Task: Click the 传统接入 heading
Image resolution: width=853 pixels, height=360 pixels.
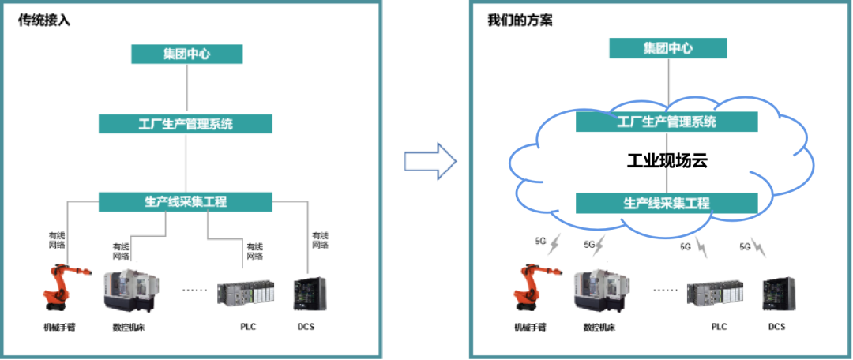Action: click(x=44, y=21)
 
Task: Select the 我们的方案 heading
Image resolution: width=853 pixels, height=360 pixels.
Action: click(x=520, y=21)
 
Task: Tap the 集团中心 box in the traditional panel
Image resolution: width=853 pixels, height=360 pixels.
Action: click(x=186, y=54)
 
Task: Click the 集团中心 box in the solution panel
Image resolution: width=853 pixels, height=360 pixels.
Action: click(x=667, y=48)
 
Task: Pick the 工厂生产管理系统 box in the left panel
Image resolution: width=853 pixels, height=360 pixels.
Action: click(x=186, y=124)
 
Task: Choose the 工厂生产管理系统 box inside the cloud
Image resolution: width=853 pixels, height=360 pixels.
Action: click(x=667, y=122)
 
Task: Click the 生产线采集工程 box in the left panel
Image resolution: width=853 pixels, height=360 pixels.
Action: click(x=186, y=201)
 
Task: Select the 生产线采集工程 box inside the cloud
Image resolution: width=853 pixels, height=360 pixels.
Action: click(x=667, y=203)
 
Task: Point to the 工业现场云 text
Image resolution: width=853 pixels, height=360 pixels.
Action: click(x=667, y=162)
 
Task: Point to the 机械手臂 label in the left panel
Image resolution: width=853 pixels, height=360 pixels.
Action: click(x=58, y=327)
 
